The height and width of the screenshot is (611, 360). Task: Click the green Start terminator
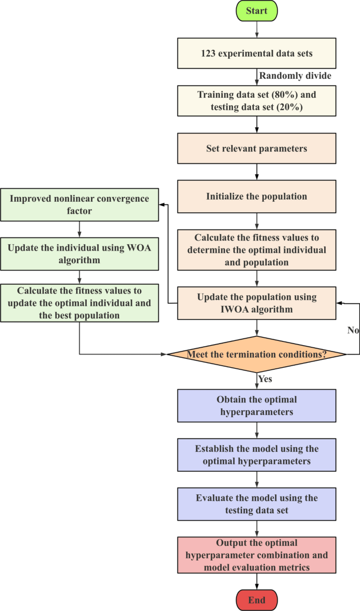point(256,11)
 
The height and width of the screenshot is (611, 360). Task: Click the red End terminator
point(256,599)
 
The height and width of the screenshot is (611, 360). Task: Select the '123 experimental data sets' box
point(256,53)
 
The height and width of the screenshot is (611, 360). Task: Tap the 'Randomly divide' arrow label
point(295,76)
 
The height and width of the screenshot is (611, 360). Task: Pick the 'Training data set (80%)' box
point(256,100)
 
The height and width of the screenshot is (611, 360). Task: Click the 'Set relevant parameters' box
point(256,149)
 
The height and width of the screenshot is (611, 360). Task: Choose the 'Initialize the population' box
point(256,196)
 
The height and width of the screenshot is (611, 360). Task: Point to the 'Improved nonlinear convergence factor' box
point(79,204)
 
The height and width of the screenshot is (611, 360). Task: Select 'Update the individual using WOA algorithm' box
point(79,253)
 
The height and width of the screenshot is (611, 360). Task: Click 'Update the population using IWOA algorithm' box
point(256,303)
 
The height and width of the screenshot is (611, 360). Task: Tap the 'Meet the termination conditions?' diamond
point(256,355)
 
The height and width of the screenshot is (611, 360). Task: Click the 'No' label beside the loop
point(353,330)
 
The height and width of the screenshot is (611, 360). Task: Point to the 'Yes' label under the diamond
point(265,378)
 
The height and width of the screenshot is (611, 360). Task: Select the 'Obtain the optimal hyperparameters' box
point(256,406)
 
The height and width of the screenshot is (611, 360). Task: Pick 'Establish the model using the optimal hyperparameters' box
point(256,455)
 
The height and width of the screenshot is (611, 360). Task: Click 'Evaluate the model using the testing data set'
point(256,504)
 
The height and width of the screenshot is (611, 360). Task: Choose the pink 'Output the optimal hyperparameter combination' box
point(256,554)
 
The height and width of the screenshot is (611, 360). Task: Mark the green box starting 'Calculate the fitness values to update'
point(79,303)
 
